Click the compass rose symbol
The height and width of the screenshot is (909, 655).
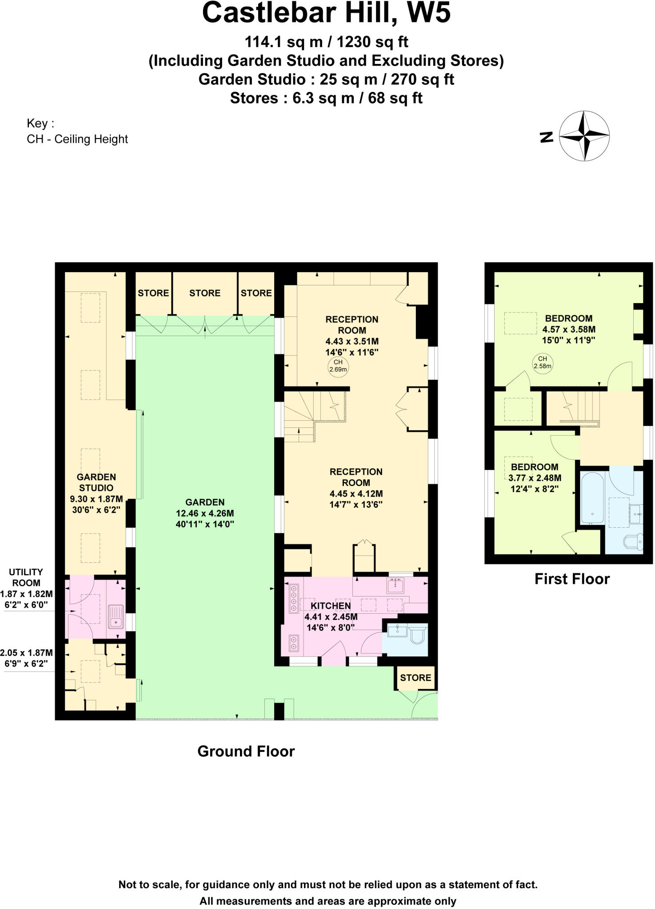[x=584, y=136]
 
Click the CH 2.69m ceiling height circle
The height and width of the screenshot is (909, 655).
[x=338, y=366]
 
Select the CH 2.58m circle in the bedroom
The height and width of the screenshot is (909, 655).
[x=542, y=363]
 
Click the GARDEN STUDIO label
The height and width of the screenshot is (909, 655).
[x=96, y=482]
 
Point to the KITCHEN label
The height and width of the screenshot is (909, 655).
[x=331, y=606]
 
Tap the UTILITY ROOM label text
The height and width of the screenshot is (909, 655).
[x=26, y=577]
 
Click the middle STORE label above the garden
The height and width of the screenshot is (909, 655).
[x=204, y=293]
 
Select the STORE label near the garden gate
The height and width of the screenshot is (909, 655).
[x=415, y=678]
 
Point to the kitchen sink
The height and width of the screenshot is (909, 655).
[x=395, y=585]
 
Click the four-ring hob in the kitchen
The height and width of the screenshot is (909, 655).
[x=294, y=599]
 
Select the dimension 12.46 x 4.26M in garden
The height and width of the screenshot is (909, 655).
[x=205, y=514]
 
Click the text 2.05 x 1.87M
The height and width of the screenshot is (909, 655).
[x=26, y=653]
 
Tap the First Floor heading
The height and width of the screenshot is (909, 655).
[x=572, y=579]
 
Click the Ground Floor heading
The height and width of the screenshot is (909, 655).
[x=246, y=751]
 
